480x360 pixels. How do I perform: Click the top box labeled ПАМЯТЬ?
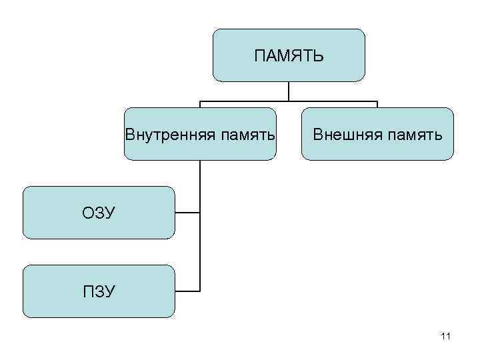pyautogui.click(x=289, y=73)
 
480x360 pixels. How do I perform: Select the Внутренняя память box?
pyautogui.click(x=200, y=151)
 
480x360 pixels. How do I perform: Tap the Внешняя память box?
pyautogui.click(x=377, y=151)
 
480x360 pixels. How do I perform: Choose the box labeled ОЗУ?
pyautogui.click(x=99, y=227)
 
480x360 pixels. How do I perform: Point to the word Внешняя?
pyautogui.click(x=343, y=135)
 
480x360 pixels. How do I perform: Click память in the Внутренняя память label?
pyautogui.click(x=243, y=135)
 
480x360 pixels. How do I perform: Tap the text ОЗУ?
pyautogui.click(x=99, y=213)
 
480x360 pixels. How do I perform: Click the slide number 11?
pyautogui.click(x=446, y=337)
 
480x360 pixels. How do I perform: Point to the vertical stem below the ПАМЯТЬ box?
pyautogui.click(x=289, y=91)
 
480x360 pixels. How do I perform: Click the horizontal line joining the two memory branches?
pyautogui.click(x=289, y=101)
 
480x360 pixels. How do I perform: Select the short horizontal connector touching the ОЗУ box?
pyautogui.click(x=187, y=213)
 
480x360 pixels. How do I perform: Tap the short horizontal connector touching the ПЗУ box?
pyautogui.click(x=187, y=291)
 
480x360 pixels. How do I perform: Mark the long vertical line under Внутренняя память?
pyautogui.click(x=200, y=227)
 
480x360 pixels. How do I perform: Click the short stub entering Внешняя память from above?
pyautogui.click(x=377, y=105)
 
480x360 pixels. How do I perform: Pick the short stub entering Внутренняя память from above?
pyautogui.click(x=200, y=105)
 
